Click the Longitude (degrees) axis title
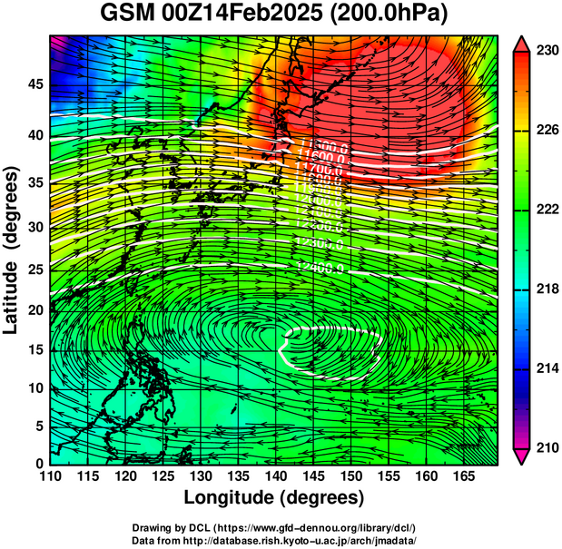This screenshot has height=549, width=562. (273, 497)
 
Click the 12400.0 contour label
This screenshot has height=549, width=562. (320, 267)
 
